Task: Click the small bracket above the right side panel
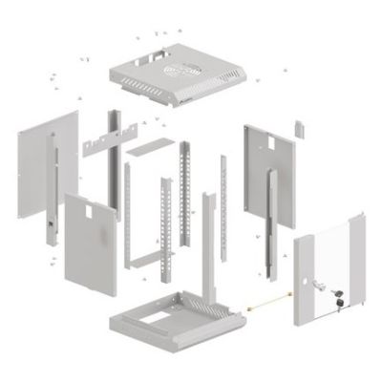[x=297, y=127]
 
